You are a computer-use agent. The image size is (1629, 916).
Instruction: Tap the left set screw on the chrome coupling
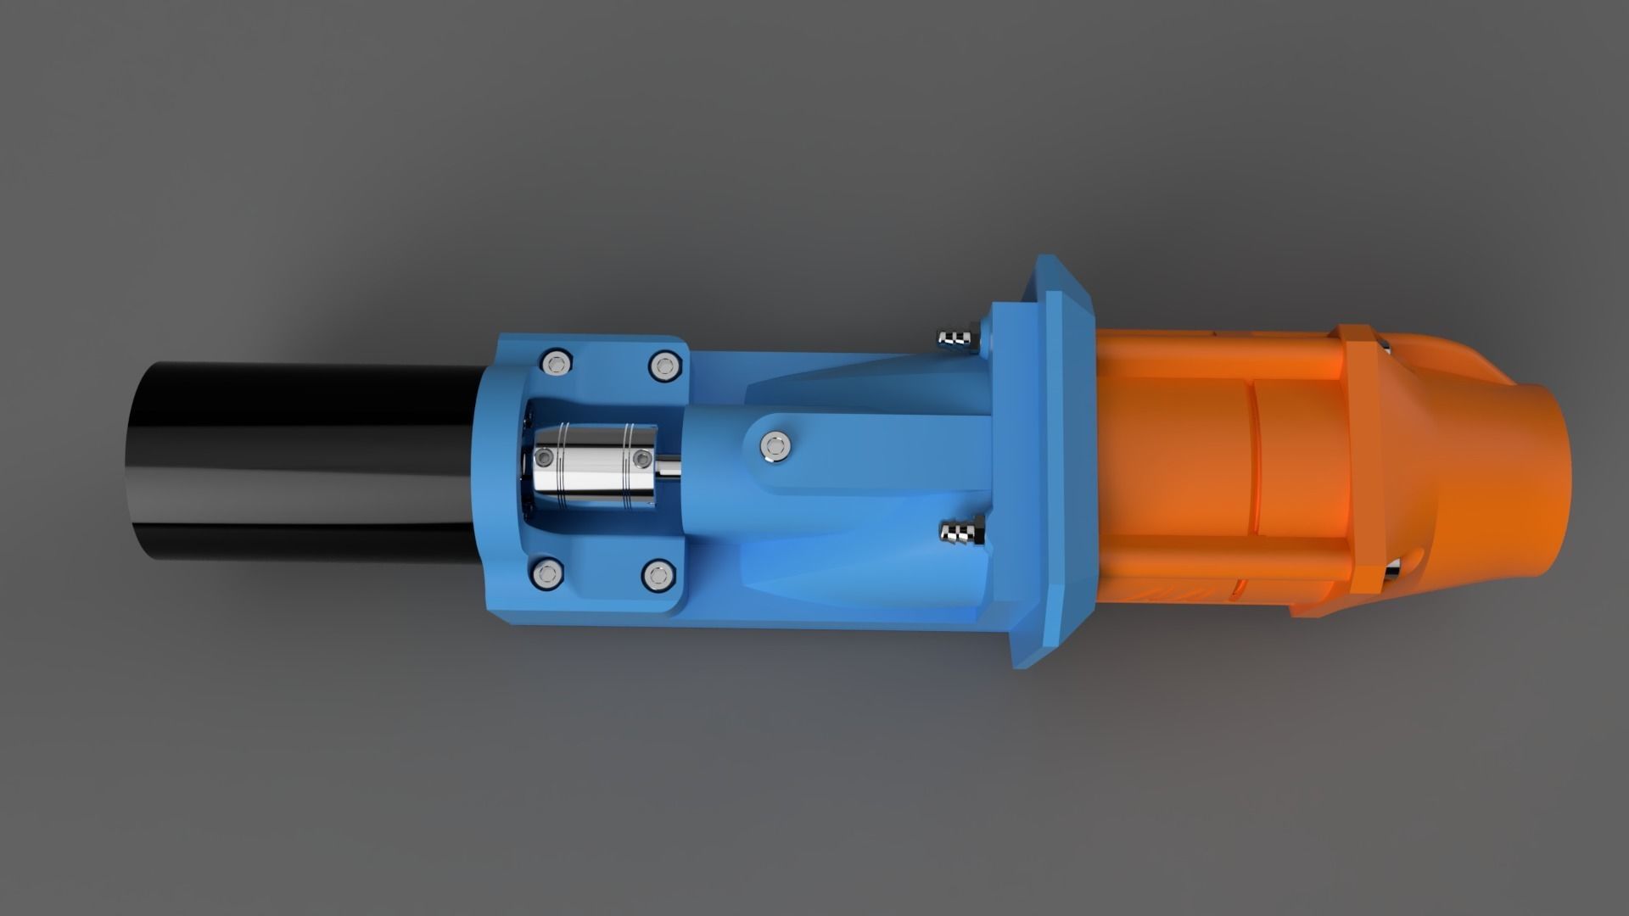click(x=544, y=459)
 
